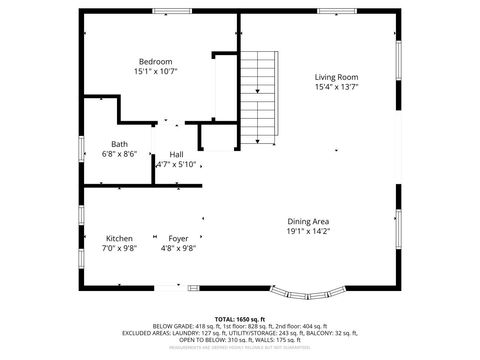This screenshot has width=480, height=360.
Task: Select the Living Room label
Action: click(x=336, y=77)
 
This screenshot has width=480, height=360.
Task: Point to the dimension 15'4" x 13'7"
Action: click(x=336, y=88)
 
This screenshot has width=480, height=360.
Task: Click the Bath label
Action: click(x=119, y=143)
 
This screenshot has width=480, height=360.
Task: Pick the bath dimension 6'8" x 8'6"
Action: click(x=119, y=154)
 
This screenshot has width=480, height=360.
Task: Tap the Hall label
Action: click(x=176, y=154)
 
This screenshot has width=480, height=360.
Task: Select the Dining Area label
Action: click(x=308, y=221)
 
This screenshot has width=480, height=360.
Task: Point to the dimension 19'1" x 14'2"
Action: click(x=308, y=232)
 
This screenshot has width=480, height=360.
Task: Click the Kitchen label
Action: click(x=119, y=238)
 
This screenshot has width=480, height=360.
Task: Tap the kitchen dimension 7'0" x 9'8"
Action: click(x=119, y=249)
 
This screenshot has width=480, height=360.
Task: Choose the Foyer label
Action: click(x=178, y=238)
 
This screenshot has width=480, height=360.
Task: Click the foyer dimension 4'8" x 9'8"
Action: click(x=178, y=249)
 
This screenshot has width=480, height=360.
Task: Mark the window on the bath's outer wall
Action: click(x=82, y=148)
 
